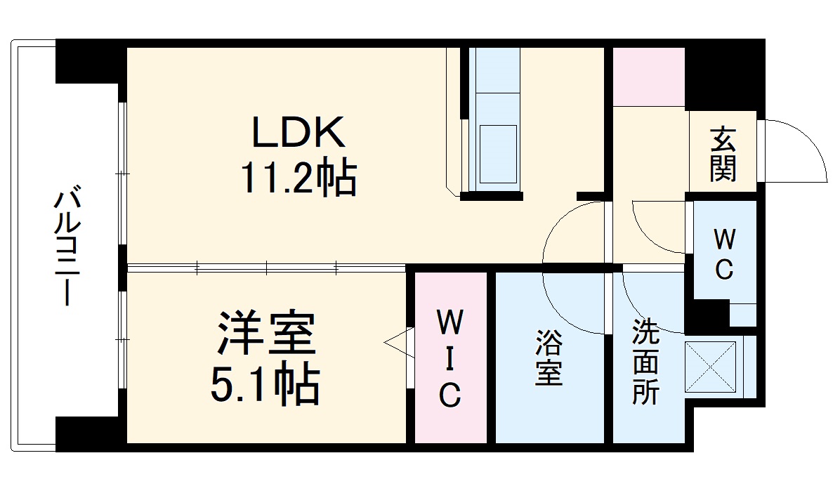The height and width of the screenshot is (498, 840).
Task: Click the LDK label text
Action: pyautogui.click(x=298, y=132)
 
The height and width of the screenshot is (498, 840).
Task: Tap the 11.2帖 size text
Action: pyautogui.click(x=298, y=178)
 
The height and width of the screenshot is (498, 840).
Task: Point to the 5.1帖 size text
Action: pyautogui.click(x=265, y=383)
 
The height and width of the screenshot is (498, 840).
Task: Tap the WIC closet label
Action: pyautogui.click(x=449, y=358)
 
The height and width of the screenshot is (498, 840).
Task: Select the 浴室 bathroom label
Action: pyautogui.click(x=549, y=358)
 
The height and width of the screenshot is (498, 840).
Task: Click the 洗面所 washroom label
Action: pyautogui.click(x=645, y=361)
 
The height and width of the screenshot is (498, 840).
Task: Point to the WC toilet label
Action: pyautogui.click(x=724, y=254)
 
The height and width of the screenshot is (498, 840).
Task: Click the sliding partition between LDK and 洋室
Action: pyautogui.click(x=267, y=267)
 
